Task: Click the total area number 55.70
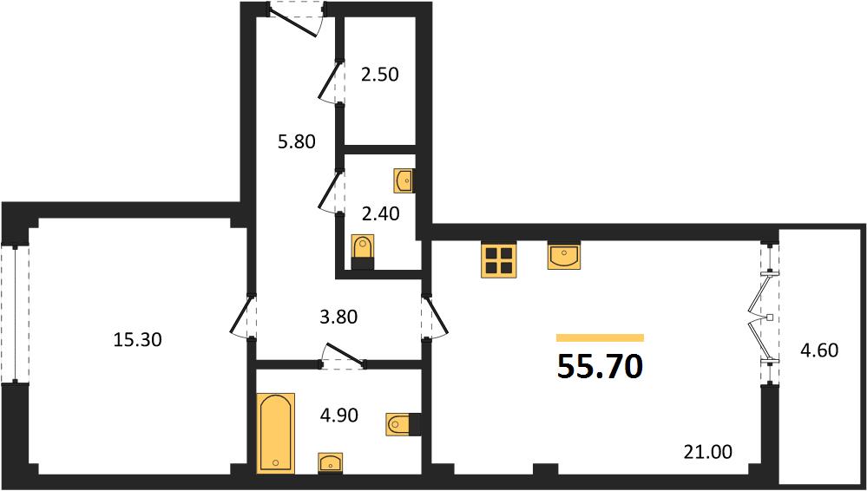600,367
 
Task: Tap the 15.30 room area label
137,339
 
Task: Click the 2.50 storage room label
379,74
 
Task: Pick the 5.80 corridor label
296,142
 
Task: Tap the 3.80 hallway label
338,317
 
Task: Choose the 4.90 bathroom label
338,416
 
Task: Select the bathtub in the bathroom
275,434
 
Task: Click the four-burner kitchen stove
499,260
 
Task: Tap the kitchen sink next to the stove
564,256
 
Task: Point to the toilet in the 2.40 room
363,252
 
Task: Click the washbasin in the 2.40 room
404,181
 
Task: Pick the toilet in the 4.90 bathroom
403,424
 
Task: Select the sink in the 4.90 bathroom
330,462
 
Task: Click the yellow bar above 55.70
600,337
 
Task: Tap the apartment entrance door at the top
296,19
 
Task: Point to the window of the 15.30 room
15,315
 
